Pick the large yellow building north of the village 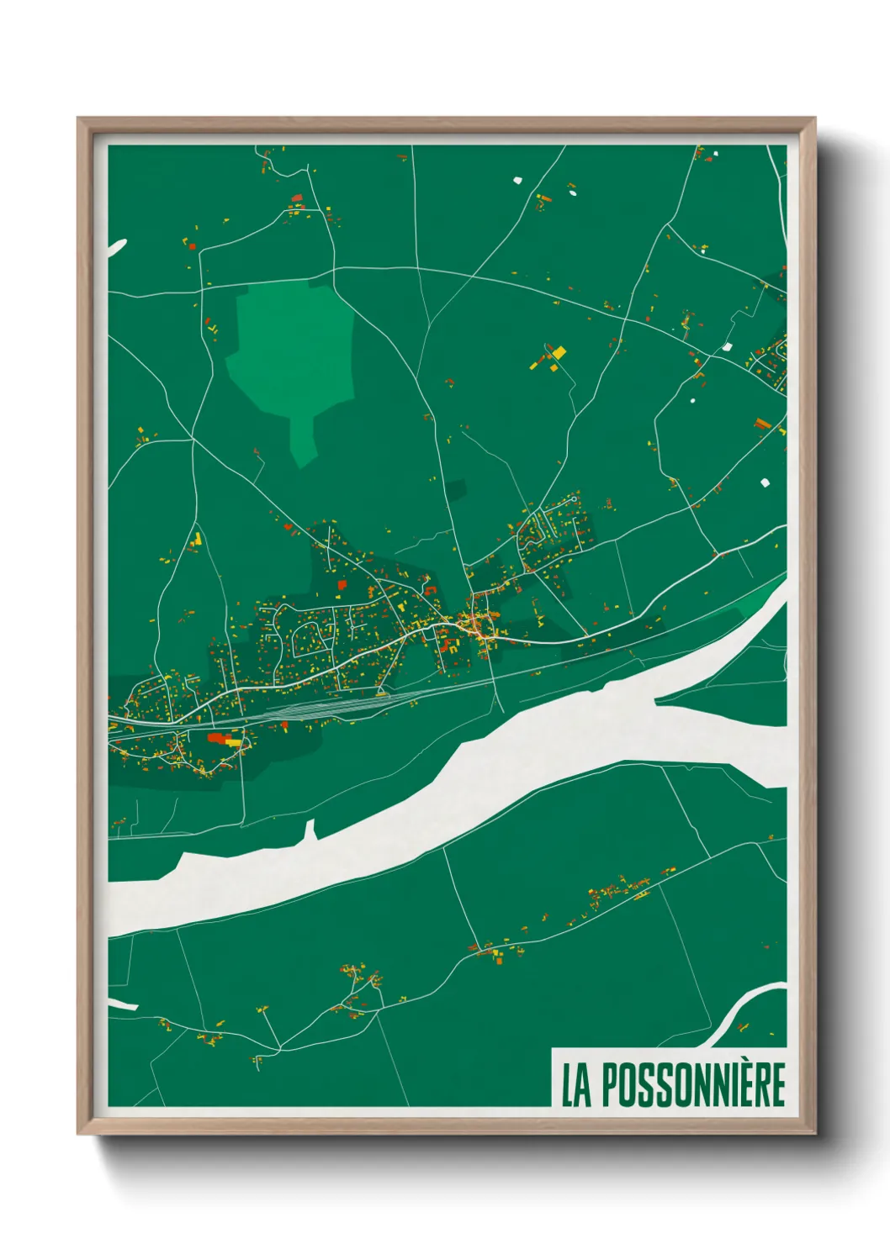(558, 352)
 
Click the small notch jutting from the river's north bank (310, 831)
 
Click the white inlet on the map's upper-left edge (116, 245)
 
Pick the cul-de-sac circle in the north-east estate (574, 499)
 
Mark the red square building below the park (342, 584)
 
